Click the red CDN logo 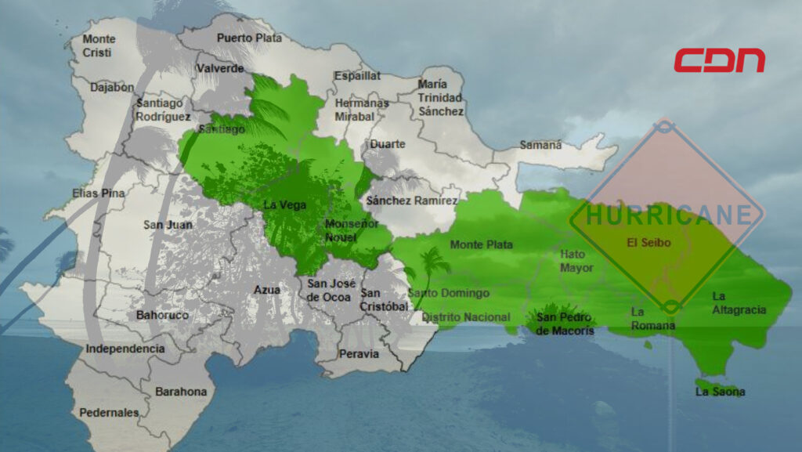tap(719, 60)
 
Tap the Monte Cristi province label tap(99, 45)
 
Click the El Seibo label tap(648, 243)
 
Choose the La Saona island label tap(720, 392)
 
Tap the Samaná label tap(541, 145)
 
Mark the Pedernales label tap(109, 412)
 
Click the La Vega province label tap(284, 205)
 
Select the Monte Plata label tap(481, 244)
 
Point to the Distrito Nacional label tap(466, 317)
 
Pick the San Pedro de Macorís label tap(565, 324)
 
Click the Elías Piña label tap(99, 193)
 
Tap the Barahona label tap(181, 391)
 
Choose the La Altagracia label tap(739, 303)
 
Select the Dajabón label tap(112, 87)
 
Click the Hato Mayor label tap(576, 261)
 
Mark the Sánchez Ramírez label tap(412, 201)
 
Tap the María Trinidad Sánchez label tap(440, 98)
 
